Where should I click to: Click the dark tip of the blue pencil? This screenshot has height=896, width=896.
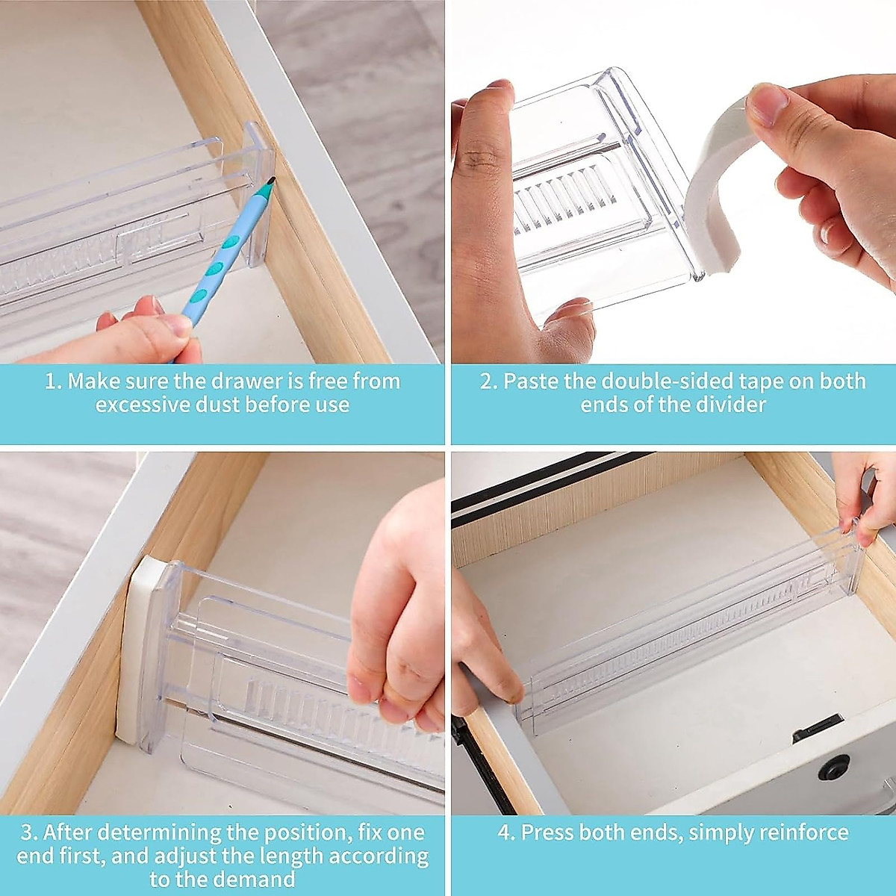click(270, 180)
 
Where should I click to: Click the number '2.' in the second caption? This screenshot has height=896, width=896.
click(488, 381)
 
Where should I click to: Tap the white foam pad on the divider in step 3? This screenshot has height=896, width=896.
click(134, 650)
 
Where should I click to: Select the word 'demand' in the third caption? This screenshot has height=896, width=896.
click(258, 880)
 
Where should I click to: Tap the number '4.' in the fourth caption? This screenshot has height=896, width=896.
click(507, 832)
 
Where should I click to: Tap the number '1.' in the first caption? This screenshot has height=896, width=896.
click(52, 381)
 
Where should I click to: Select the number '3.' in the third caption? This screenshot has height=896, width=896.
click(30, 832)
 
